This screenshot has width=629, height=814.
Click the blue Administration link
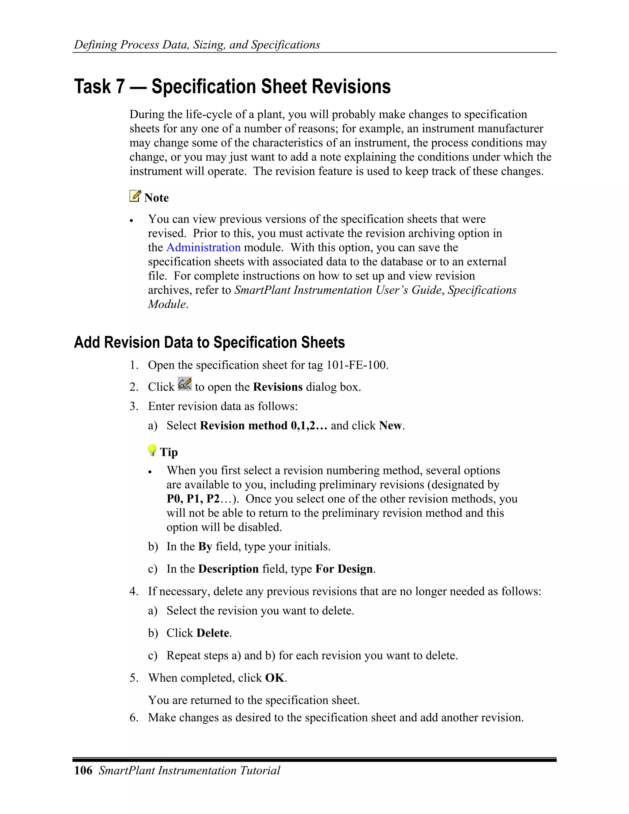pos(203,248)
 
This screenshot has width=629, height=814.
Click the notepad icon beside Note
pos(135,196)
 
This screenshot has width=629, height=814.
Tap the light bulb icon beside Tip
pos(152,450)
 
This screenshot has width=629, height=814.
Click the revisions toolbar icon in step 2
pos(185,384)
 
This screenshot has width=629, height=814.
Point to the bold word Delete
pos(213,633)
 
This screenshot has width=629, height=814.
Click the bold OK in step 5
pos(275,678)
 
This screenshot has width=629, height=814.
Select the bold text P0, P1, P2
pos(193,499)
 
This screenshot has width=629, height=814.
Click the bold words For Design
pos(344,569)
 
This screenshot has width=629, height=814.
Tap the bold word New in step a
pos(391,426)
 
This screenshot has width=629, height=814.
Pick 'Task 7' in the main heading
pos(99,87)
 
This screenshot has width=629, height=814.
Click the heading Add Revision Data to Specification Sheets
pos(209,342)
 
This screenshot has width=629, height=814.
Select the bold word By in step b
pos(205,546)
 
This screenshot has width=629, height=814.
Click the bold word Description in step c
pos(228,569)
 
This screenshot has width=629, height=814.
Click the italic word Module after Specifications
pos(166,304)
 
